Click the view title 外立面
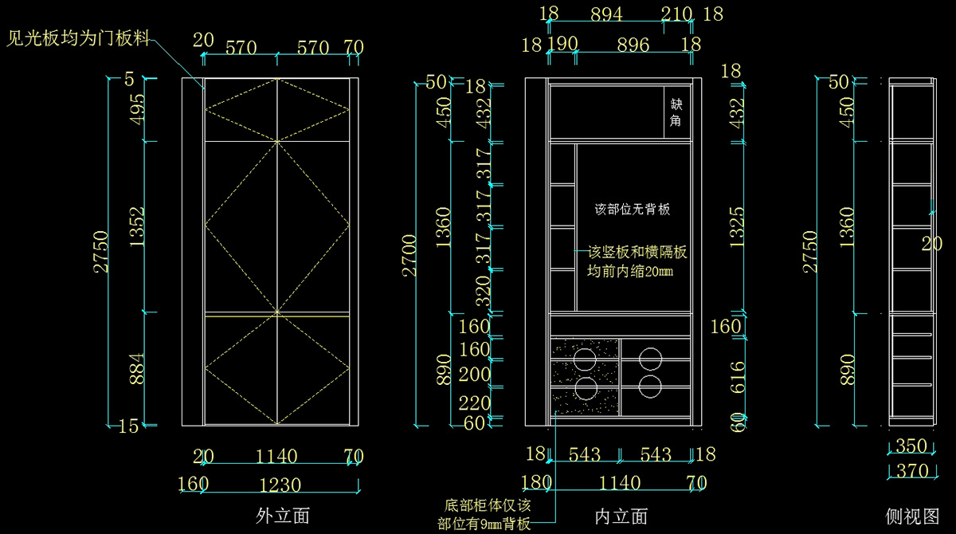coord(283,516)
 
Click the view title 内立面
coord(621,516)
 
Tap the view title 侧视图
coord(913,516)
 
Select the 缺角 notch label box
coord(676,112)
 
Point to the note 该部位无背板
coord(633,210)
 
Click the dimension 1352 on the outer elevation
coord(136,227)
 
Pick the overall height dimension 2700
coord(409,255)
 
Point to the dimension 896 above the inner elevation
coord(633,45)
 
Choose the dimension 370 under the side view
coord(912,471)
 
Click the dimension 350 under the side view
coord(912,446)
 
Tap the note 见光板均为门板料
coord(78,38)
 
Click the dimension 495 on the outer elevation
coord(136,110)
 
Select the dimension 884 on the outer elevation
coord(136,369)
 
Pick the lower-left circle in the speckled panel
coord(586,388)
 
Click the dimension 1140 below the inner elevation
coord(619,483)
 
